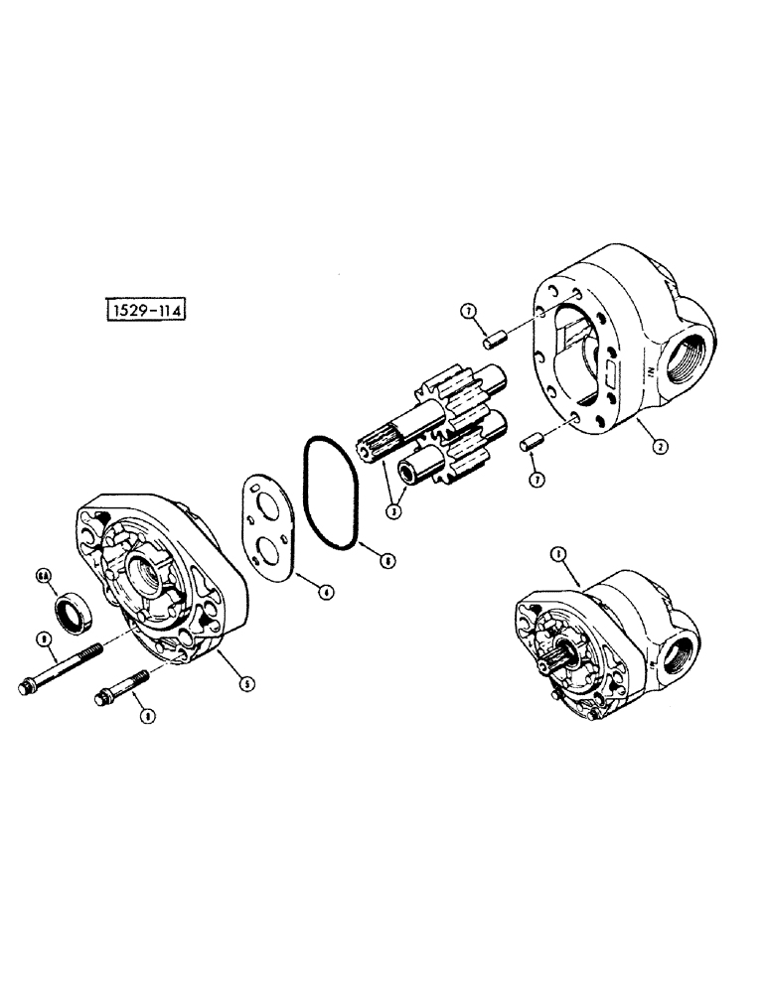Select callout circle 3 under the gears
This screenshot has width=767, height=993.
tap(395, 511)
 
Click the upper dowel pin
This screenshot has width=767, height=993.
tap(489, 342)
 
